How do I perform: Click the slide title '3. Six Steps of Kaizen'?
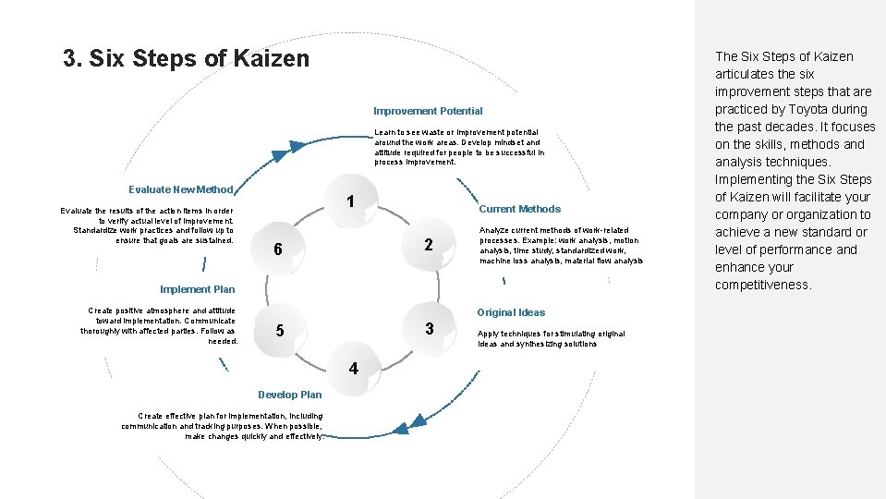186,59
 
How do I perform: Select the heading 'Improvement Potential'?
428,111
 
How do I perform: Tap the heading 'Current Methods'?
519,209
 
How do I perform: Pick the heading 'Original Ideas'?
511,312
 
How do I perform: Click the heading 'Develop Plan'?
290,395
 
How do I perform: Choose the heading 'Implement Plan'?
198,289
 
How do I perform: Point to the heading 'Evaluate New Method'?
181,189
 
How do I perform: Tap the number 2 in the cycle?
429,245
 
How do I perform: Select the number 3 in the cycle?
430,329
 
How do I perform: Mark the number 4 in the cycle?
353,369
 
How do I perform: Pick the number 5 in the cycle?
280,331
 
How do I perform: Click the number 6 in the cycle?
277,250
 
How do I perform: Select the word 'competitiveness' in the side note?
763,285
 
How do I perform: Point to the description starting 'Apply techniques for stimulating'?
551,338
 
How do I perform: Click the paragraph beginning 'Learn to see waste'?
459,147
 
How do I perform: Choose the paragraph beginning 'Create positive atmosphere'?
159,325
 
